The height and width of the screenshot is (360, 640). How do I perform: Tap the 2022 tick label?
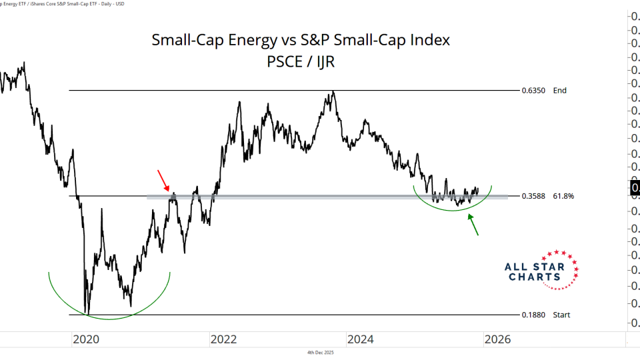click(223, 339)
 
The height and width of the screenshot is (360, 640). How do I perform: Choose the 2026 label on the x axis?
click(497, 339)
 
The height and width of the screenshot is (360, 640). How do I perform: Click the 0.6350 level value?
click(533, 91)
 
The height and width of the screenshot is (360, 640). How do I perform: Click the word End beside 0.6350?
click(559, 91)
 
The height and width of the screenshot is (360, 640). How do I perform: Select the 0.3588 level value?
click(533, 197)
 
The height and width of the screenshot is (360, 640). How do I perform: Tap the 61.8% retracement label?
click(563, 197)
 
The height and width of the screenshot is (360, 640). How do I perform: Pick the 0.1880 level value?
click(533, 315)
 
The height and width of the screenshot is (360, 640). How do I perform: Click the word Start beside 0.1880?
click(561, 315)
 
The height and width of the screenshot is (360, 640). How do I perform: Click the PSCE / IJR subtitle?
click(301, 63)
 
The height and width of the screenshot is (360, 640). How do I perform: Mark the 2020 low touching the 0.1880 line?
click(87, 313)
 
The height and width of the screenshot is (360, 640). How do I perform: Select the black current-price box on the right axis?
click(635, 188)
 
